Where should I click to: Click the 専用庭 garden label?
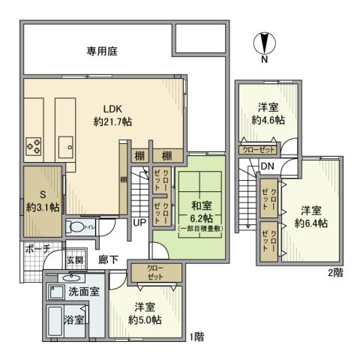[x=101, y=52]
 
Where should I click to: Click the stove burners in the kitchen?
[x=34, y=144]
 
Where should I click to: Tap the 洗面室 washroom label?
[x=85, y=290]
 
